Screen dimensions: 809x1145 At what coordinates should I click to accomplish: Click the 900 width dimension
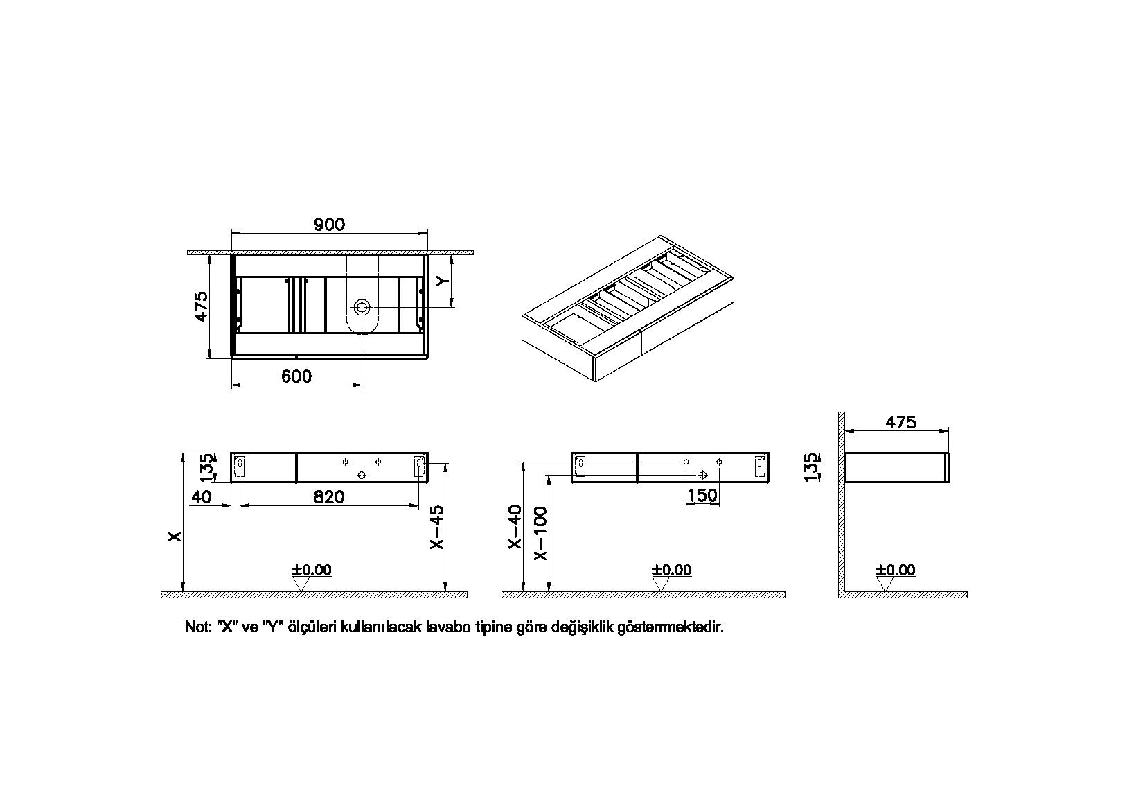pyautogui.click(x=329, y=225)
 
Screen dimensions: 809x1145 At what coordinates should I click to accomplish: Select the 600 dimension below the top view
pyautogui.click(x=296, y=376)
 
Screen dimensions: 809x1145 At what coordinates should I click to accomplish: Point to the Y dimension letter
pyautogui.click(x=443, y=281)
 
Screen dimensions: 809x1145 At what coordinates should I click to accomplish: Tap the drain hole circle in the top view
pyautogui.click(x=362, y=306)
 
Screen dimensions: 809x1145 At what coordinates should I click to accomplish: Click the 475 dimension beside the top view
pyautogui.click(x=201, y=306)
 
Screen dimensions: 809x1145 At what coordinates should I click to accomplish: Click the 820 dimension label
pyautogui.click(x=329, y=497)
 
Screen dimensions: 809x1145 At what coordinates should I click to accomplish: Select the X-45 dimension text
pyautogui.click(x=436, y=527)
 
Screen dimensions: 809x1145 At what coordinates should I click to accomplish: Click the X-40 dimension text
pyautogui.click(x=515, y=527)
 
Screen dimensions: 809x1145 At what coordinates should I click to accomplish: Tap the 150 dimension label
pyautogui.click(x=702, y=496)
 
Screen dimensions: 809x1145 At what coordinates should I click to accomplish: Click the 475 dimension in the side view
pyautogui.click(x=900, y=422)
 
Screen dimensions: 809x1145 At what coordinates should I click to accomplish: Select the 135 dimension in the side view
pyautogui.click(x=812, y=467)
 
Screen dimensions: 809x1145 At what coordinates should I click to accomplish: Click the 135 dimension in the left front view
pyautogui.click(x=206, y=467)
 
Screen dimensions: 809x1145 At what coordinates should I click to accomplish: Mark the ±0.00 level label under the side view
pyautogui.click(x=895, y=570)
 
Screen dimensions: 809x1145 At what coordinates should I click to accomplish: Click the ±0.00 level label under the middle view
pyautogui.click(x=671, y=570)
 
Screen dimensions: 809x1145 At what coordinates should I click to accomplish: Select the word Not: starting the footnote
pyautogui.click(x=197, y=627)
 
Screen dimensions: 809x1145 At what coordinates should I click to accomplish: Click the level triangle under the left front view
pyautogui.click(x=300, y=584)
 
